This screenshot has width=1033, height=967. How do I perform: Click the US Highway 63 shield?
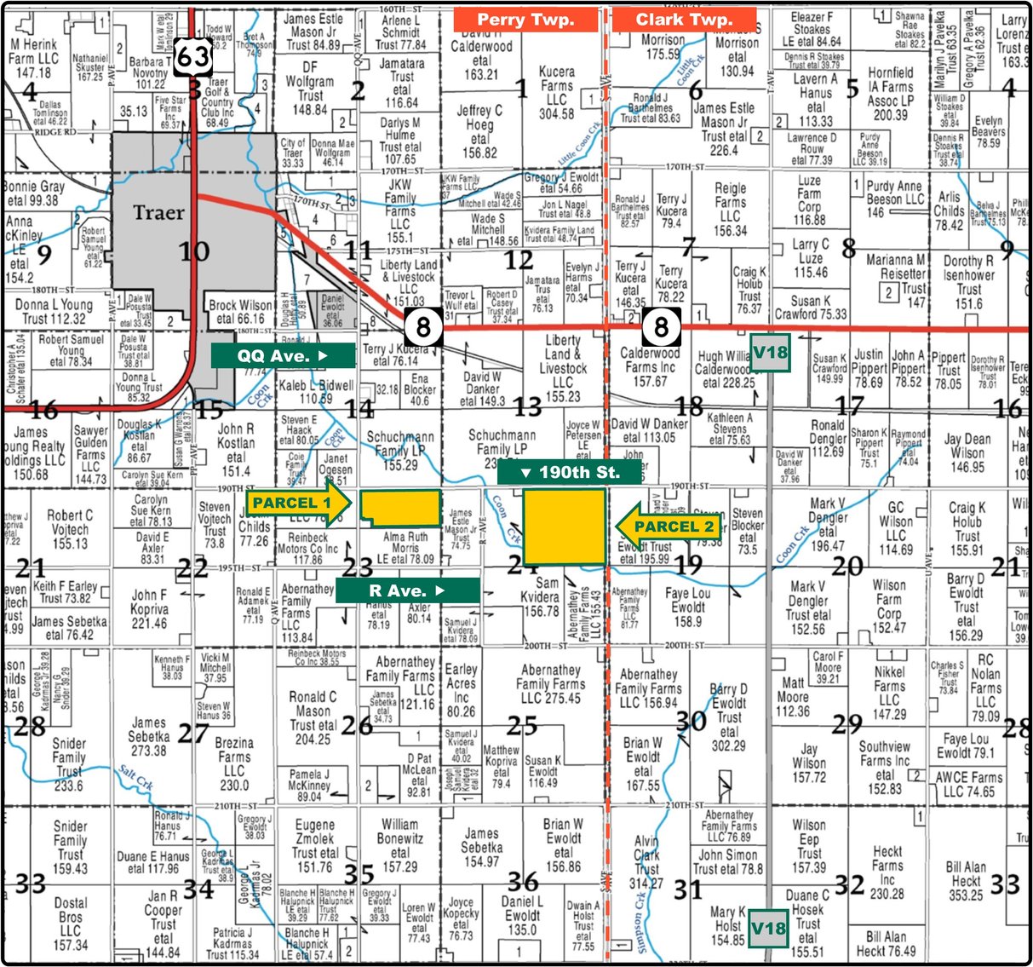click(x=193, y=56)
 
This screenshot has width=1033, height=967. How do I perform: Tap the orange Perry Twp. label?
click(x=525, y=20)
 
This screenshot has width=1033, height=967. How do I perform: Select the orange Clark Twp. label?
click(x=684, y=20)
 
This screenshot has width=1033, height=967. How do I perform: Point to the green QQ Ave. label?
click(x=283, y=355)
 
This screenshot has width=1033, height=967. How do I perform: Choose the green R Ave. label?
click(x=407, y=590)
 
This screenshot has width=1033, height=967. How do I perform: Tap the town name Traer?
click(x=159, y=212)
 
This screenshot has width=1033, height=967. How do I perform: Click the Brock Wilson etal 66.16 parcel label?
click(x=241, y=312)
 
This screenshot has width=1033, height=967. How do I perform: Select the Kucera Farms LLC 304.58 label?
click(x=557, y=93)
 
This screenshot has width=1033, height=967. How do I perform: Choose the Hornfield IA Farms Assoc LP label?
click(x=891, y=94)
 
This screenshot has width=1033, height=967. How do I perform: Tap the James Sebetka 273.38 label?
click(x=148, y=736)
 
